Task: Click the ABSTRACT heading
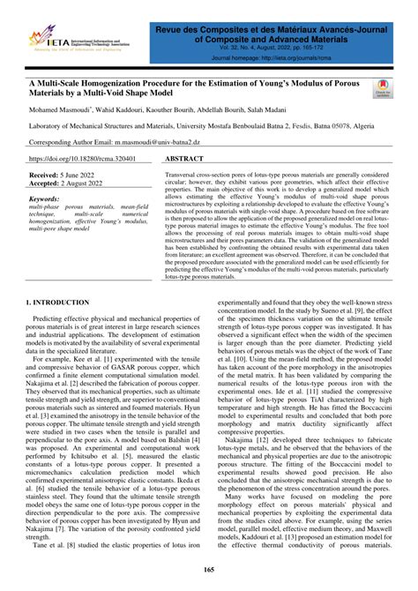[x=184, y=160]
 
